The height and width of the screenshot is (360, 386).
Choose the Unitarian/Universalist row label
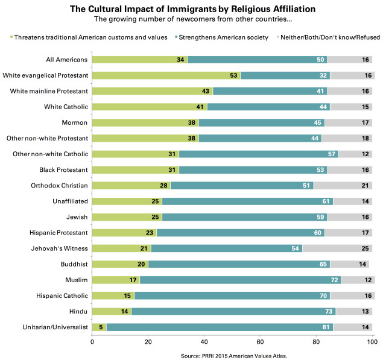(52, 327)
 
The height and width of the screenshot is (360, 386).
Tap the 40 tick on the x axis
(204, 344)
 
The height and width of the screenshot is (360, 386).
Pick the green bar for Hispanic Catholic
(113, 296)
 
